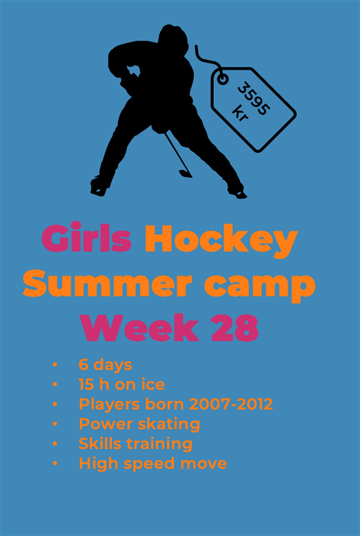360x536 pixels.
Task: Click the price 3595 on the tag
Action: click(x=254, y=98)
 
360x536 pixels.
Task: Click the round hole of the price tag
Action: click(x=223, y=79)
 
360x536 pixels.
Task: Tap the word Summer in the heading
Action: click(x=107, y=283)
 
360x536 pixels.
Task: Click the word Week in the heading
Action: click(x=139, y=328)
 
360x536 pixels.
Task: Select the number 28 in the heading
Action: click(x=235, y=328)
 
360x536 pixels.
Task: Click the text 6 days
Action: click(x=105, y=365)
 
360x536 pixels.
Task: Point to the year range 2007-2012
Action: click(x=231, y=404)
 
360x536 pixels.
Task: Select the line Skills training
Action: click(x=136, y=444)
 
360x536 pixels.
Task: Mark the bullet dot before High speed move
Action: click(x=55, y=463)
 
